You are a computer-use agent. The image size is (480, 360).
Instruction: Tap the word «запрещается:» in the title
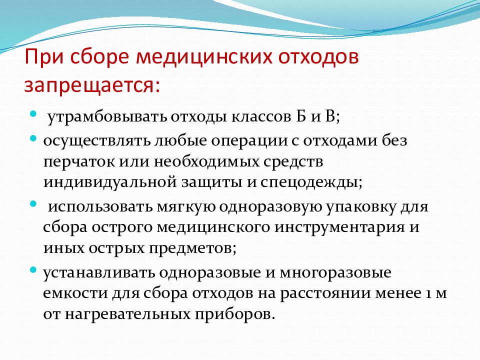(x=92, y=85)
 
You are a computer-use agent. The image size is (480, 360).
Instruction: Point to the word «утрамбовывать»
(x=107, y=117)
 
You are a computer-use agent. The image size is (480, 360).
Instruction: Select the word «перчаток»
(x=79, y=162)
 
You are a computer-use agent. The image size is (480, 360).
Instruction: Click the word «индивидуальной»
(x=110, y=182)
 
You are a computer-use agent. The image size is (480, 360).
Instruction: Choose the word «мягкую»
(x=186, y=207)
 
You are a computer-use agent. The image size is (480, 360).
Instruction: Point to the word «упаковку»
(x=360, y=207)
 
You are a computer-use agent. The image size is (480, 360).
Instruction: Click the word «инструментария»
(x=339, y=228)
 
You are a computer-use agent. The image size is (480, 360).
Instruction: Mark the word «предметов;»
(x=192, y=248)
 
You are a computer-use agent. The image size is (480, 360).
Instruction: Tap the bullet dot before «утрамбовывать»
(x=33, y=114)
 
